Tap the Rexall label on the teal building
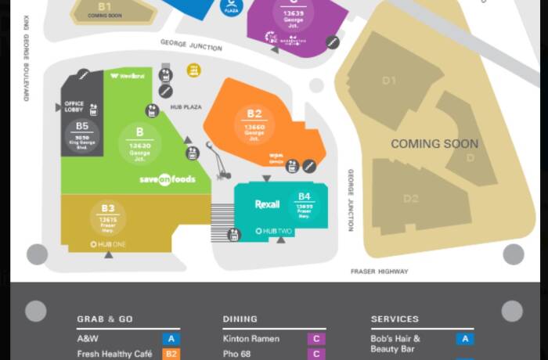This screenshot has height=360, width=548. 267,204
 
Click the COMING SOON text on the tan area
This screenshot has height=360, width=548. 434,144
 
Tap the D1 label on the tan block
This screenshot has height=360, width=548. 389,81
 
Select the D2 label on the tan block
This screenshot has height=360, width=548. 411,199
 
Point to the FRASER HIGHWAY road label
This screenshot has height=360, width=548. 379,272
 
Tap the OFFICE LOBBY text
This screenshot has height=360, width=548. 74,106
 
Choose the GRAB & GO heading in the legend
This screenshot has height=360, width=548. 105,319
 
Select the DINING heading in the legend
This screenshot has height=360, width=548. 240,319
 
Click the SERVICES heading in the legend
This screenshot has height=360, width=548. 395,319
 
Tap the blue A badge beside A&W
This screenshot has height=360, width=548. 171,339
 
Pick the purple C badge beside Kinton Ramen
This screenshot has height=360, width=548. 316,339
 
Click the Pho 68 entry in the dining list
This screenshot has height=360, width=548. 238,354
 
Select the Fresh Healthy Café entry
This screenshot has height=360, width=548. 114,354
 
